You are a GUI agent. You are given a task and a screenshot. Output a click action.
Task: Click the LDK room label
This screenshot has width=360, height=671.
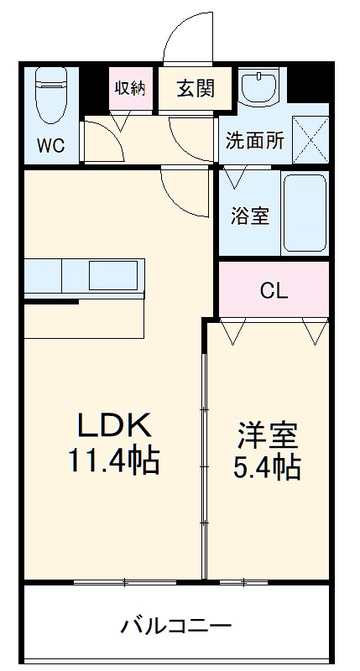click(114, 425)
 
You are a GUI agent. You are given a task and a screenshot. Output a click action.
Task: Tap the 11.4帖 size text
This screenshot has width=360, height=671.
click(114, 460)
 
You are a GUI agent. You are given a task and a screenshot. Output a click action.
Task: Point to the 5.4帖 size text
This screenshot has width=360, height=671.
click(267, 466)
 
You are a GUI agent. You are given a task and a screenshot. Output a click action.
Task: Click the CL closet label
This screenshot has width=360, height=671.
click(274, 291)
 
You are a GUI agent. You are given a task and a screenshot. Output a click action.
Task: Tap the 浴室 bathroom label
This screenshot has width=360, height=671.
click(250, 215)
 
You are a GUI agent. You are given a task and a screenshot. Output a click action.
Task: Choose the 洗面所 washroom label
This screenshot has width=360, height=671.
click(254, 141)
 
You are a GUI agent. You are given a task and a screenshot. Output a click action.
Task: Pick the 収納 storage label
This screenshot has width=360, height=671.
click(130, 87)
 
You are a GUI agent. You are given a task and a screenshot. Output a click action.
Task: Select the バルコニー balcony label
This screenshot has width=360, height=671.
click(176, 626)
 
